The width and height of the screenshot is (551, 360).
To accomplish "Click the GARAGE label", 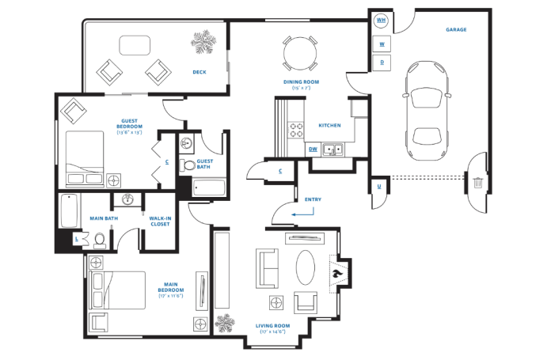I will click(455, 30).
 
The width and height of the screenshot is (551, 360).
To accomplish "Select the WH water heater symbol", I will click(382, 20).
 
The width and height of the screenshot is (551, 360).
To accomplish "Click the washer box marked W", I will click(382, 44).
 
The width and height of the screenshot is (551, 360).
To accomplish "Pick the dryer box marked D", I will click(382, 61).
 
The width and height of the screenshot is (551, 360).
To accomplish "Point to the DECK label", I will click(199, 72).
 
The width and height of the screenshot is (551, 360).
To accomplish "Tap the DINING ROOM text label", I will click(300, 81).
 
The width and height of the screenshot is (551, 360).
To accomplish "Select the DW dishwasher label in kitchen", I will click(313, 148).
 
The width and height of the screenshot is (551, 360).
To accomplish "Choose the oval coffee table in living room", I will click(306, 267).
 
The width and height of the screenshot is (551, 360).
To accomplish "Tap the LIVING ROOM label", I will click(273, 325).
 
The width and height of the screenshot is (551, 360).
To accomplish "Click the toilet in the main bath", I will click(100, 240).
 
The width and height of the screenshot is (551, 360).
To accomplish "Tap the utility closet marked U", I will click(379, 187).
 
